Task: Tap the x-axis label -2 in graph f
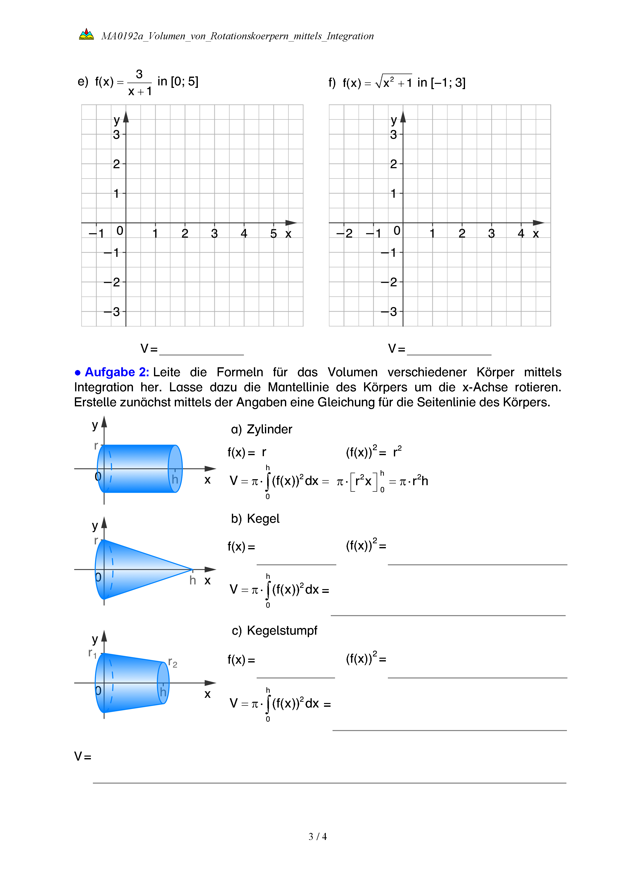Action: point(345,234)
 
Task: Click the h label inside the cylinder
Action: point(175,479)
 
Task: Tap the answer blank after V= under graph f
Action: point(449,349)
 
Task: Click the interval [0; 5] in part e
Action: point(184,81)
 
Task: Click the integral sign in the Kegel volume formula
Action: point(268,590)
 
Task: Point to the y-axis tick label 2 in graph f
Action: point(393,164)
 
